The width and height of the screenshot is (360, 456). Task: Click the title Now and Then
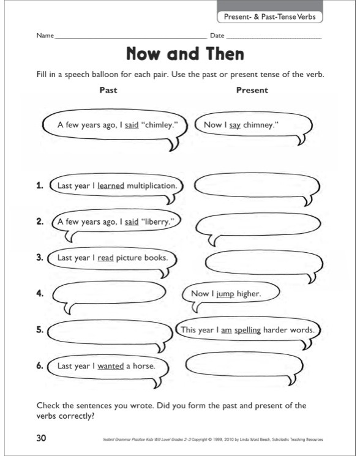(184, 54)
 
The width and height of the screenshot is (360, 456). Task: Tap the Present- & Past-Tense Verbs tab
(270, 17)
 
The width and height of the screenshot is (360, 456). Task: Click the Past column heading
(108, 90)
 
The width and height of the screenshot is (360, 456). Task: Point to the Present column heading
(252, 90)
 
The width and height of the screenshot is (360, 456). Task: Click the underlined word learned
(111, 185)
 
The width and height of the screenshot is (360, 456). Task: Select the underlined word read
(105, 258)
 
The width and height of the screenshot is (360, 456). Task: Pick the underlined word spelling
(247, 330)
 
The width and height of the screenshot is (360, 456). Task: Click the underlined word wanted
(111, 366)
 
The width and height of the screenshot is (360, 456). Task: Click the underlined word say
(234, 125)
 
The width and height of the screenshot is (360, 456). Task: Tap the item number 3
(40, 258)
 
